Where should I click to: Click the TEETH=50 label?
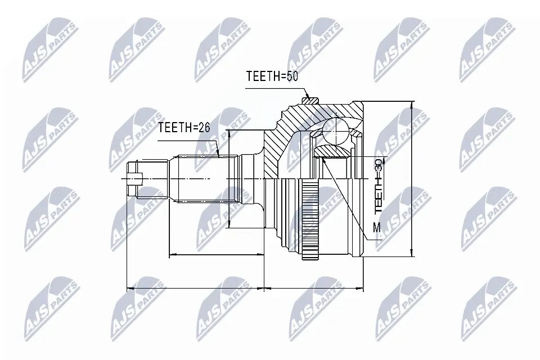(x=272, y=76)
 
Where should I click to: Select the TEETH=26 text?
(x=183, y=128)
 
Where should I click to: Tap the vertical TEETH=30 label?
(x=379, y=185)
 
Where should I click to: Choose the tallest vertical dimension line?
(x=412, y=179)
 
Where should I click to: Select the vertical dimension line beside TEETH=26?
(x=229, y=179)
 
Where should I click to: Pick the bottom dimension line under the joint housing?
(x=313, y=288)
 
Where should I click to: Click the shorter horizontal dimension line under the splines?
(x=217, y=255)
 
